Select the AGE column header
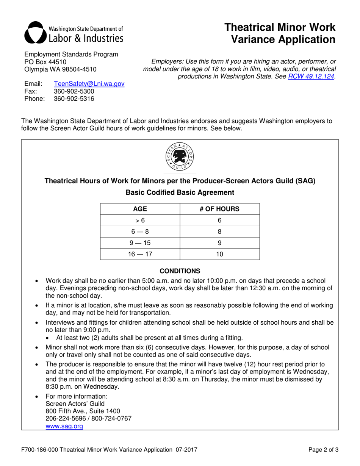(x=140, y=209)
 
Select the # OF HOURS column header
(x=219, y=209)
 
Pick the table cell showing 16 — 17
(x=140, y=254)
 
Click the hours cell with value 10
(x=219, y=254)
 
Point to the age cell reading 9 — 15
(x=140, y=243)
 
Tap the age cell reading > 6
(x=140, y=220)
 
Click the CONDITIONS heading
(x=180, y=271)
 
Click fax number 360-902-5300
(x=74, y=92)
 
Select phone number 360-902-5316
(x=74, y=99)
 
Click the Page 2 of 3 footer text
(x=323, y=450)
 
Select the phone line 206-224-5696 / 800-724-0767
(x=88, y=419)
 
